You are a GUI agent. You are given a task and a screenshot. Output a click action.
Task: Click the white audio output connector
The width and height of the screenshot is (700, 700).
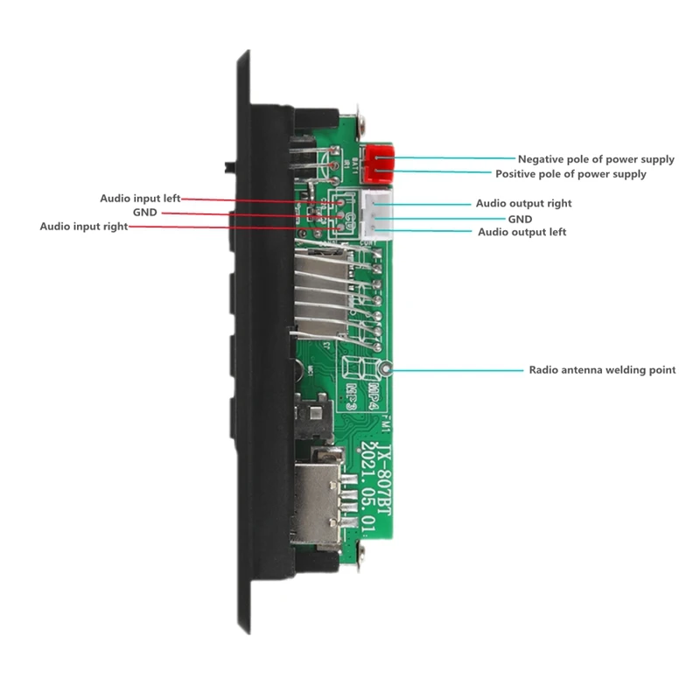point(378,217)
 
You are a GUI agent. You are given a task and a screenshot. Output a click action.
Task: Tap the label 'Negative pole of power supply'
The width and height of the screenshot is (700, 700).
point(596,159)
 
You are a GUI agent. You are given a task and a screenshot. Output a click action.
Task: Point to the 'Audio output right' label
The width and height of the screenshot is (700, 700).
point(523,203)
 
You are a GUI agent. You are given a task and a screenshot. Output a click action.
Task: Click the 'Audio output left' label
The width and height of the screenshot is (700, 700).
point(521,232)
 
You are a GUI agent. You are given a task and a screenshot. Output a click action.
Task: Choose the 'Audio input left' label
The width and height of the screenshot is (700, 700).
point(140,199)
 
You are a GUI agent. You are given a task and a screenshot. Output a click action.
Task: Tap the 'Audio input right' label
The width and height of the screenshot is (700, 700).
point(84,226)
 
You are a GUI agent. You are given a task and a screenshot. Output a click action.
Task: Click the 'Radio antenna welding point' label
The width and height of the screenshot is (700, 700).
point(602,370)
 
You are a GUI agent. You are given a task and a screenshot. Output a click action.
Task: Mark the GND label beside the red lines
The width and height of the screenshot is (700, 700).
point(144,213)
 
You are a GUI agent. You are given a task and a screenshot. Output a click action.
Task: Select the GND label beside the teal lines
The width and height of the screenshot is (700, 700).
point(520,218)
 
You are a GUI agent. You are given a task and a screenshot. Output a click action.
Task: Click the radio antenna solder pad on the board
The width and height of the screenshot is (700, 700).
point(385,369)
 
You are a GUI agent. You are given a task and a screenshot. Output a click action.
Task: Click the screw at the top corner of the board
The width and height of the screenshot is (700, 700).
point(360,113)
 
